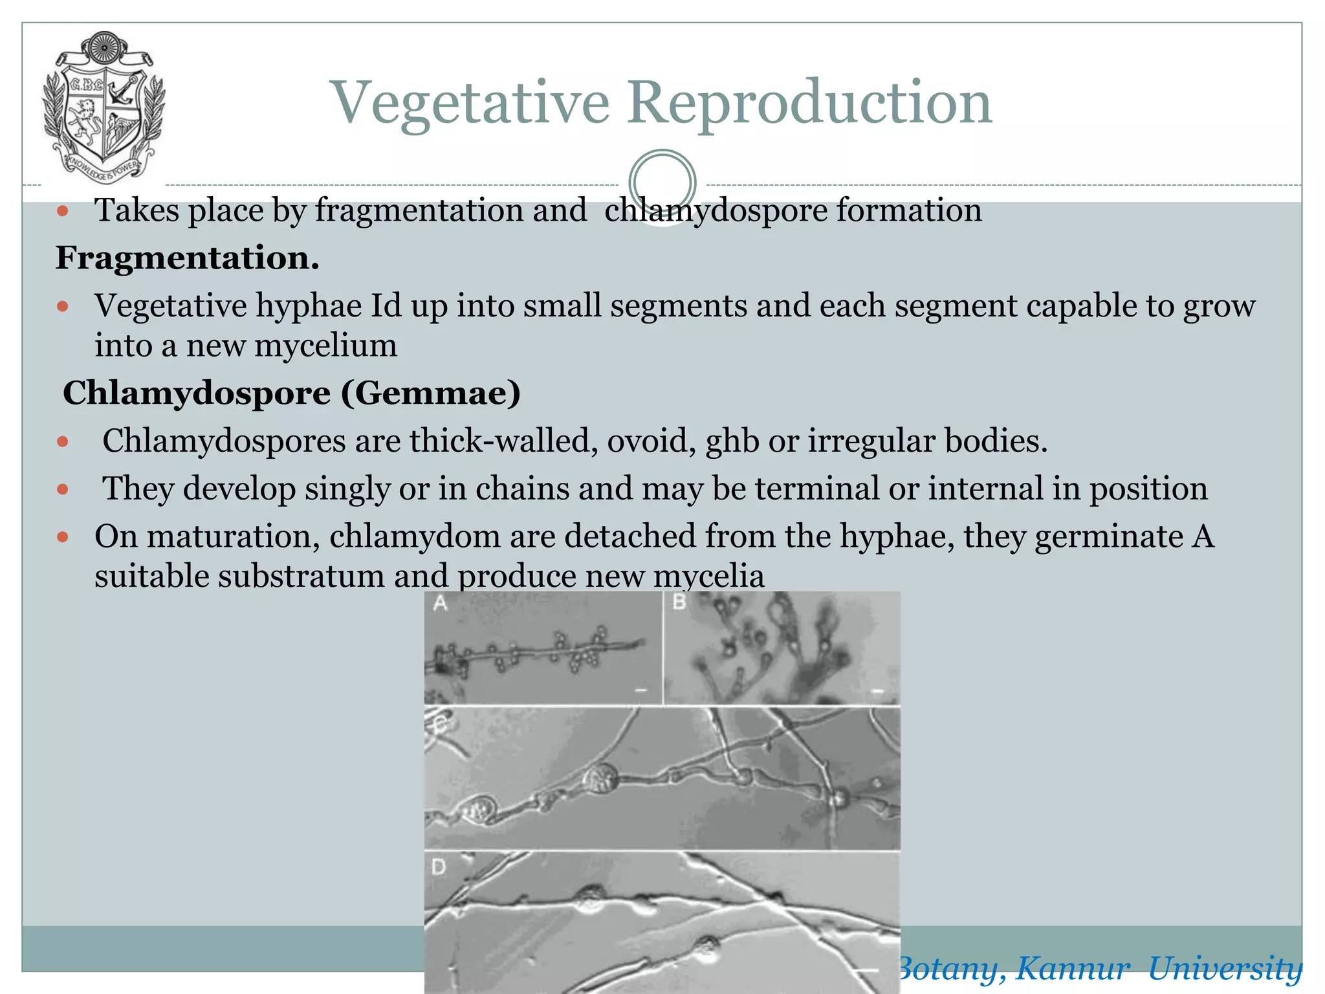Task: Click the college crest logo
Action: point(103,107)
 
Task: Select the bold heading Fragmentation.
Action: point(188,258)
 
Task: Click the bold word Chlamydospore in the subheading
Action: point(197,393)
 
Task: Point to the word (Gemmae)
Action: point(431,393)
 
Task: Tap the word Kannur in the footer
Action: point(1072,969)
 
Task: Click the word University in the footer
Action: point(1225,969)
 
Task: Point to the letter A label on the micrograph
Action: point(440,603)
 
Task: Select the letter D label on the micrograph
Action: point(439,866)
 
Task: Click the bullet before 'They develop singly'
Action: point(63,489)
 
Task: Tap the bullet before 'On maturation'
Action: point(63,536)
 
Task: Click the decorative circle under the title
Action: point(662,182)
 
